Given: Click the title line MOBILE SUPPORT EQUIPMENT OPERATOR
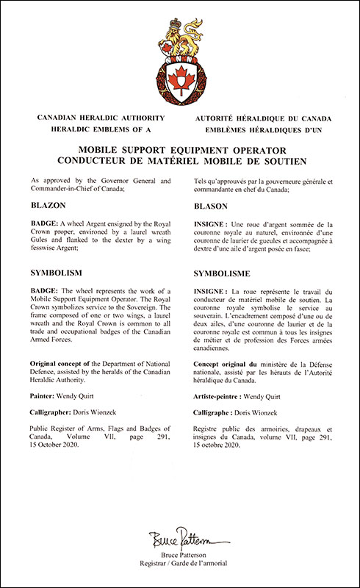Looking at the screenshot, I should (179, 148).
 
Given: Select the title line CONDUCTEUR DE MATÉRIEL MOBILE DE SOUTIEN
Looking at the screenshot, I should (179, 159).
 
